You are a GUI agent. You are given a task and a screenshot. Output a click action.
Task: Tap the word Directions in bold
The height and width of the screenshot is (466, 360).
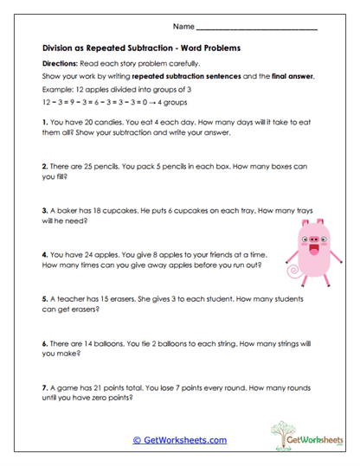pos(60,65)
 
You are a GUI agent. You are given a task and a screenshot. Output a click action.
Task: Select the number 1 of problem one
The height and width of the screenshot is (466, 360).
pos(43,123)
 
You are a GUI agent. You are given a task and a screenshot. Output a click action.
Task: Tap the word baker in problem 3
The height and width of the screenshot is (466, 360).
pos(65,209)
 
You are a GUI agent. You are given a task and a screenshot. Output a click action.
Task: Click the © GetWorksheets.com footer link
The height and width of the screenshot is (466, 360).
pos(179,440)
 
